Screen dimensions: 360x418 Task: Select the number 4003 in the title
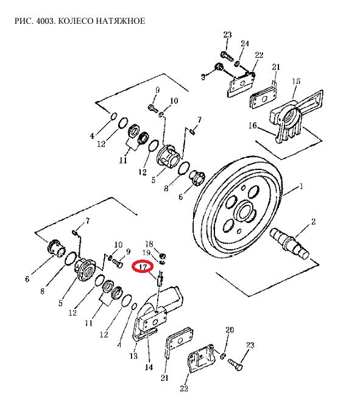(45, 21)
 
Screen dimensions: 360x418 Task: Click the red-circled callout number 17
(143, 267)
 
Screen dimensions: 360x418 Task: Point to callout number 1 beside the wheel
(302, 186)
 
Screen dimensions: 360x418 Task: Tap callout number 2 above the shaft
(313, 222)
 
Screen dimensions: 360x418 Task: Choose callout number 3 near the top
(203, 77)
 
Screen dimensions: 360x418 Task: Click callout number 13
(133, 356)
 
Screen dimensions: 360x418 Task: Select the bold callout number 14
(149, 367)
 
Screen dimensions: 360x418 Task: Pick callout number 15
(296, 81)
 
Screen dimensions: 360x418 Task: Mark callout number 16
(253, 125)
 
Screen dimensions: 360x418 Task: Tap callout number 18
(149, 244)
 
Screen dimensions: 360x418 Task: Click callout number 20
(230, 330)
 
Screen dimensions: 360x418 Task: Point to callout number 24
(245, 43)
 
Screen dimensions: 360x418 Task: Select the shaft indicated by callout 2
(290, 243)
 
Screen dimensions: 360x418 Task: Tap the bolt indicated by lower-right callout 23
(236, 364)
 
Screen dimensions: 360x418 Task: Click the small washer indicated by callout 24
(236, 64)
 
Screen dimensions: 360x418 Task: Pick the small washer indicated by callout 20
(224, 355)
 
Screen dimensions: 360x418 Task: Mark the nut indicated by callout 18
(162, 256)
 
